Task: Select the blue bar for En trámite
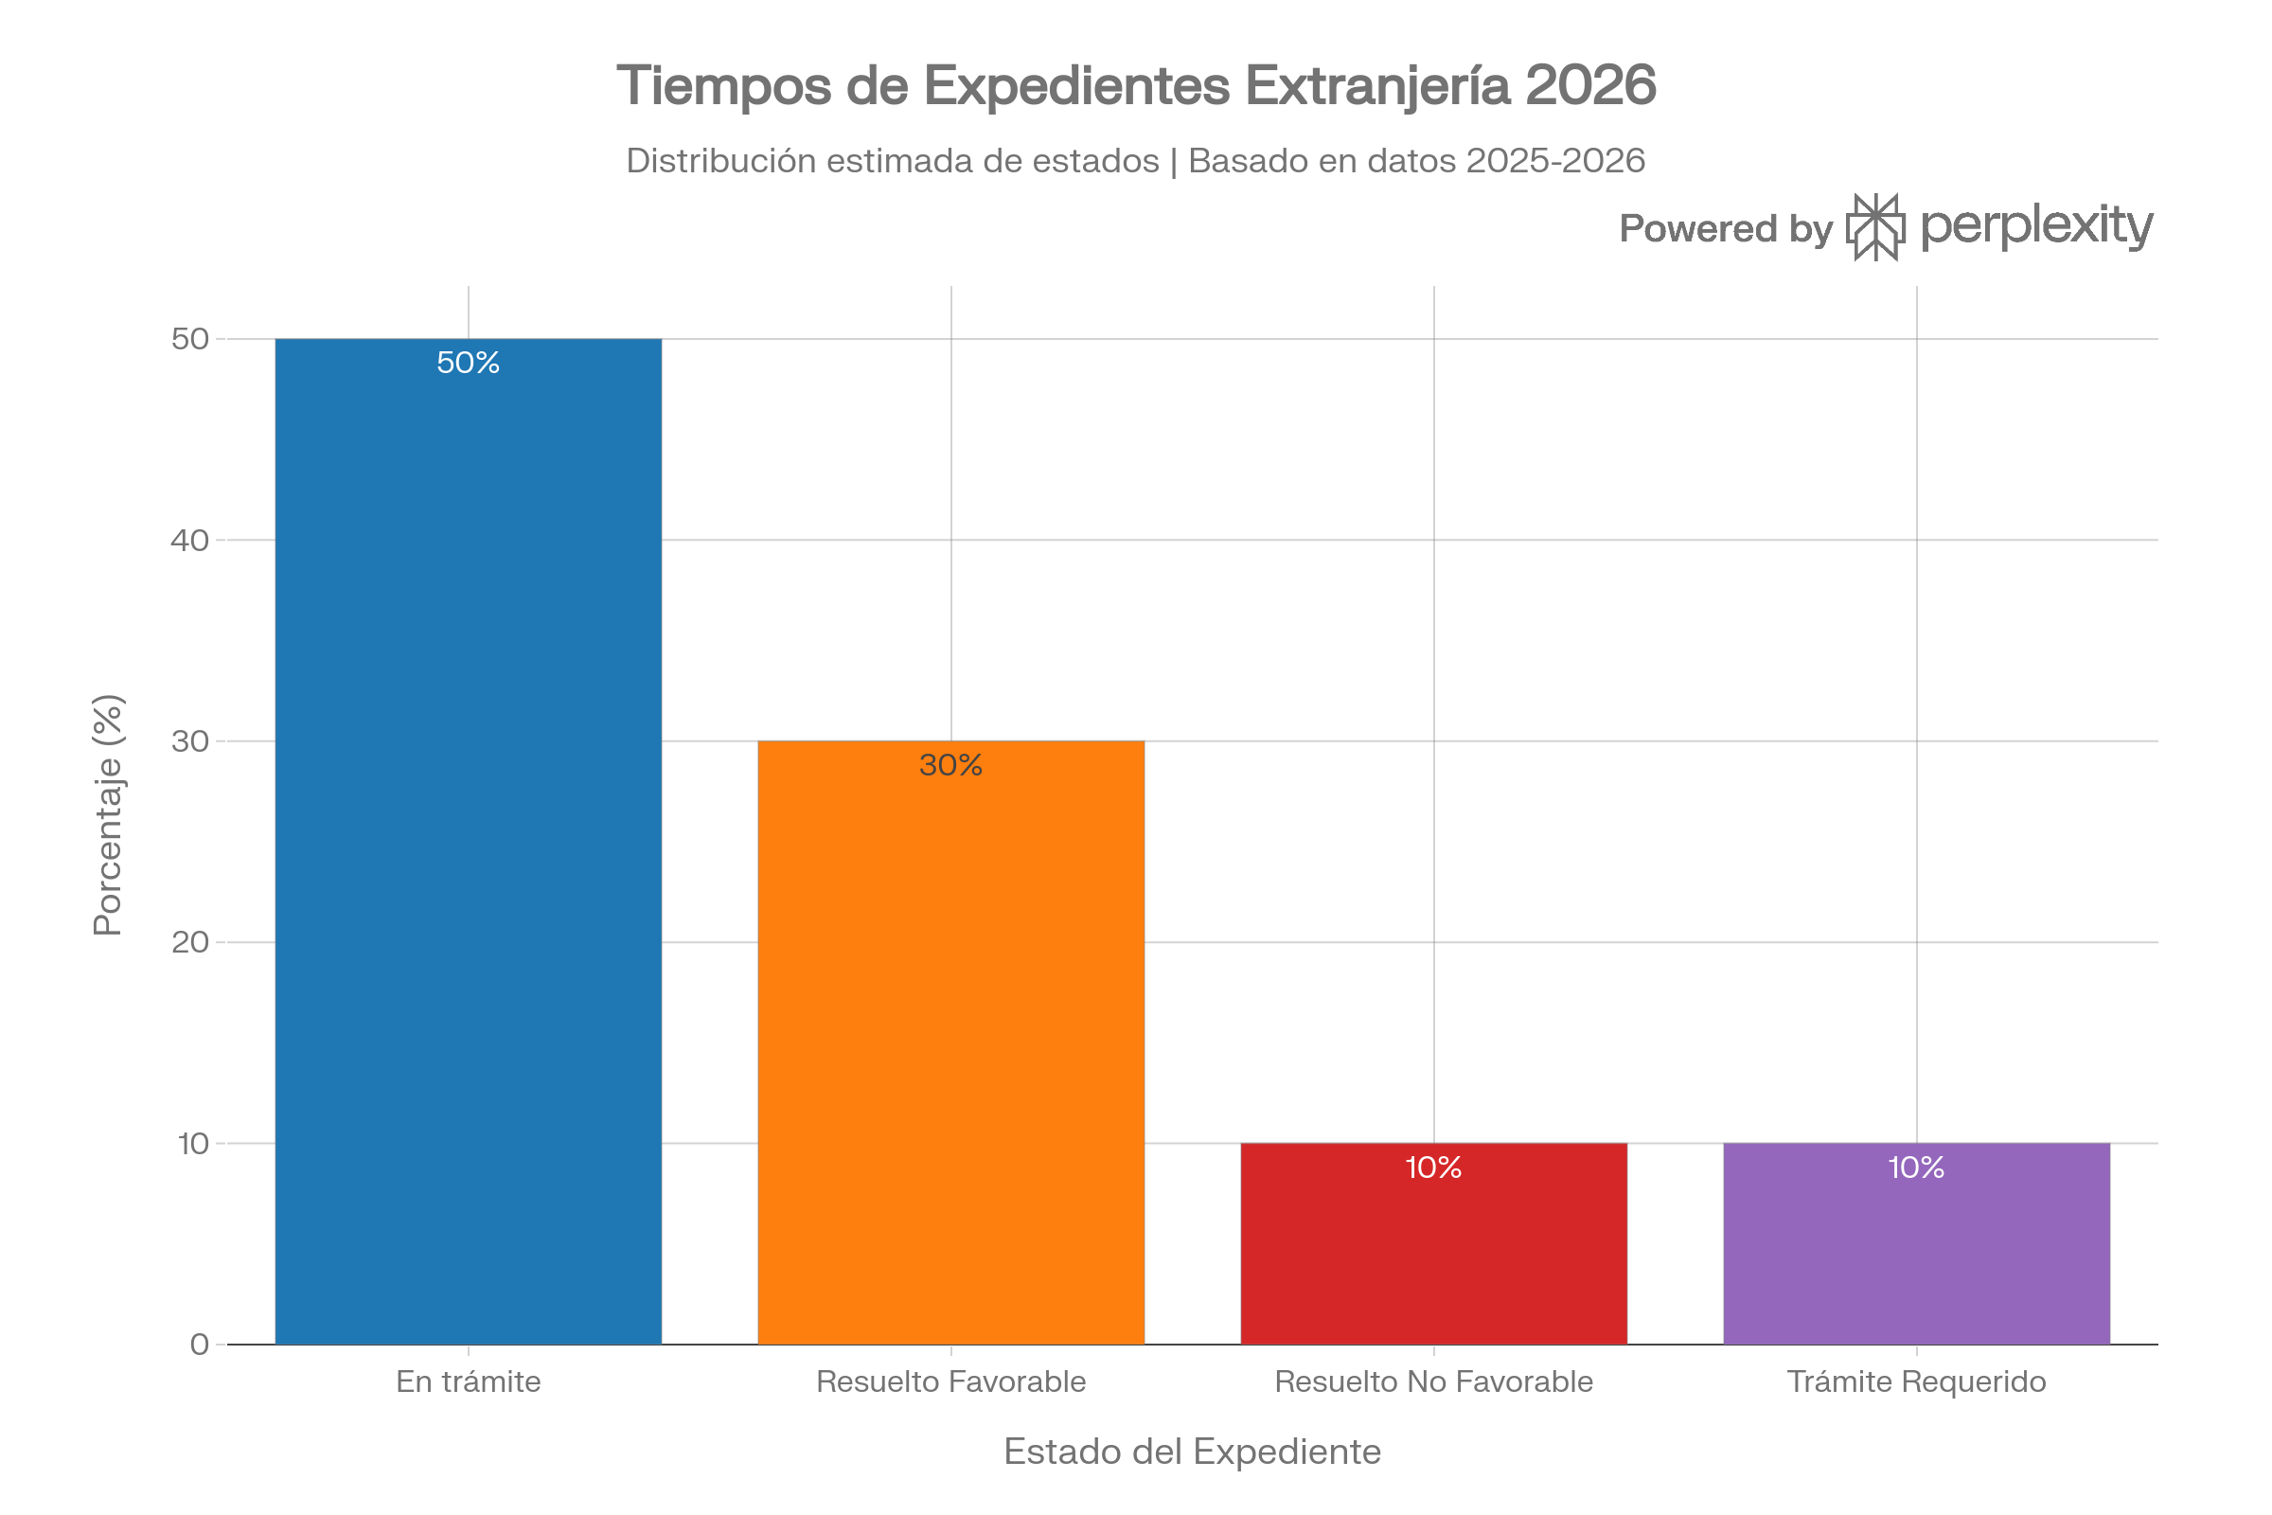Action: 469,841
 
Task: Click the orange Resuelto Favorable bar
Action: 951,1043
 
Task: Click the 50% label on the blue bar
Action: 469,364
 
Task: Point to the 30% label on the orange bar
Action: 951,766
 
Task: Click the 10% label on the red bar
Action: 1433,1168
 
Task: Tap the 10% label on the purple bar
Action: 1916,1168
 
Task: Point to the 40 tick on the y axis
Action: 190,541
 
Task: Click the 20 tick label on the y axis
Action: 190,943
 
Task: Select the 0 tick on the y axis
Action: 200,1345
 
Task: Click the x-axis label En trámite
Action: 469,1382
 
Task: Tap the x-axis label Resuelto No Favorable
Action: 1433,1382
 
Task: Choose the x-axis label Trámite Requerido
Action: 1916,1382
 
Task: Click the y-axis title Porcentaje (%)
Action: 108,814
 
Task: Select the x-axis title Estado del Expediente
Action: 1192,1453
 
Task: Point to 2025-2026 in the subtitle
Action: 1555,161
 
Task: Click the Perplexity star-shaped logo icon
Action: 1876,227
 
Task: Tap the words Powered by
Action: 1725,229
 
